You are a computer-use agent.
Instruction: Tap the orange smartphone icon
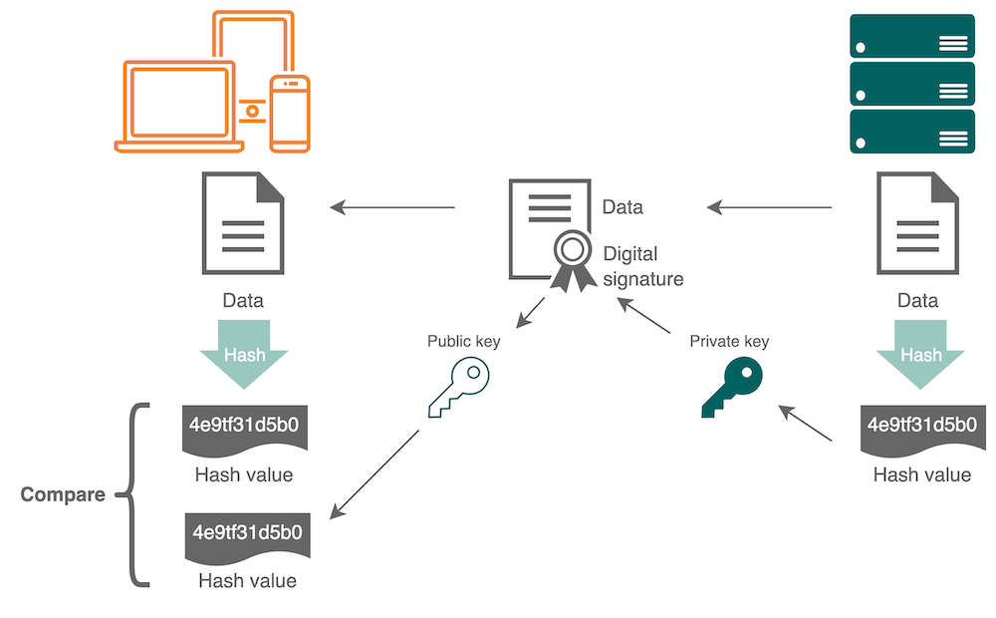291,114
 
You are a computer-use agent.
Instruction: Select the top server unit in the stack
911,37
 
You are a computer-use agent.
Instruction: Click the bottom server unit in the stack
911,132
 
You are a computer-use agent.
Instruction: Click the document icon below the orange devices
243,223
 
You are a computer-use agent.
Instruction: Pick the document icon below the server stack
917,223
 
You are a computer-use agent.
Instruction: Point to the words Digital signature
643,266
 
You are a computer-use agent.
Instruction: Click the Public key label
464,341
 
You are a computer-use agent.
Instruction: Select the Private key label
729,341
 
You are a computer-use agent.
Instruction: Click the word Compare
63,494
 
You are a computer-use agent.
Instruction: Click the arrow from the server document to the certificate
769,207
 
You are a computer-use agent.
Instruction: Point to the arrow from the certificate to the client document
392,207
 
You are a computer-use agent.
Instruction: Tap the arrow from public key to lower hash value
375,473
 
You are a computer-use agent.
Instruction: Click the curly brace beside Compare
134,494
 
